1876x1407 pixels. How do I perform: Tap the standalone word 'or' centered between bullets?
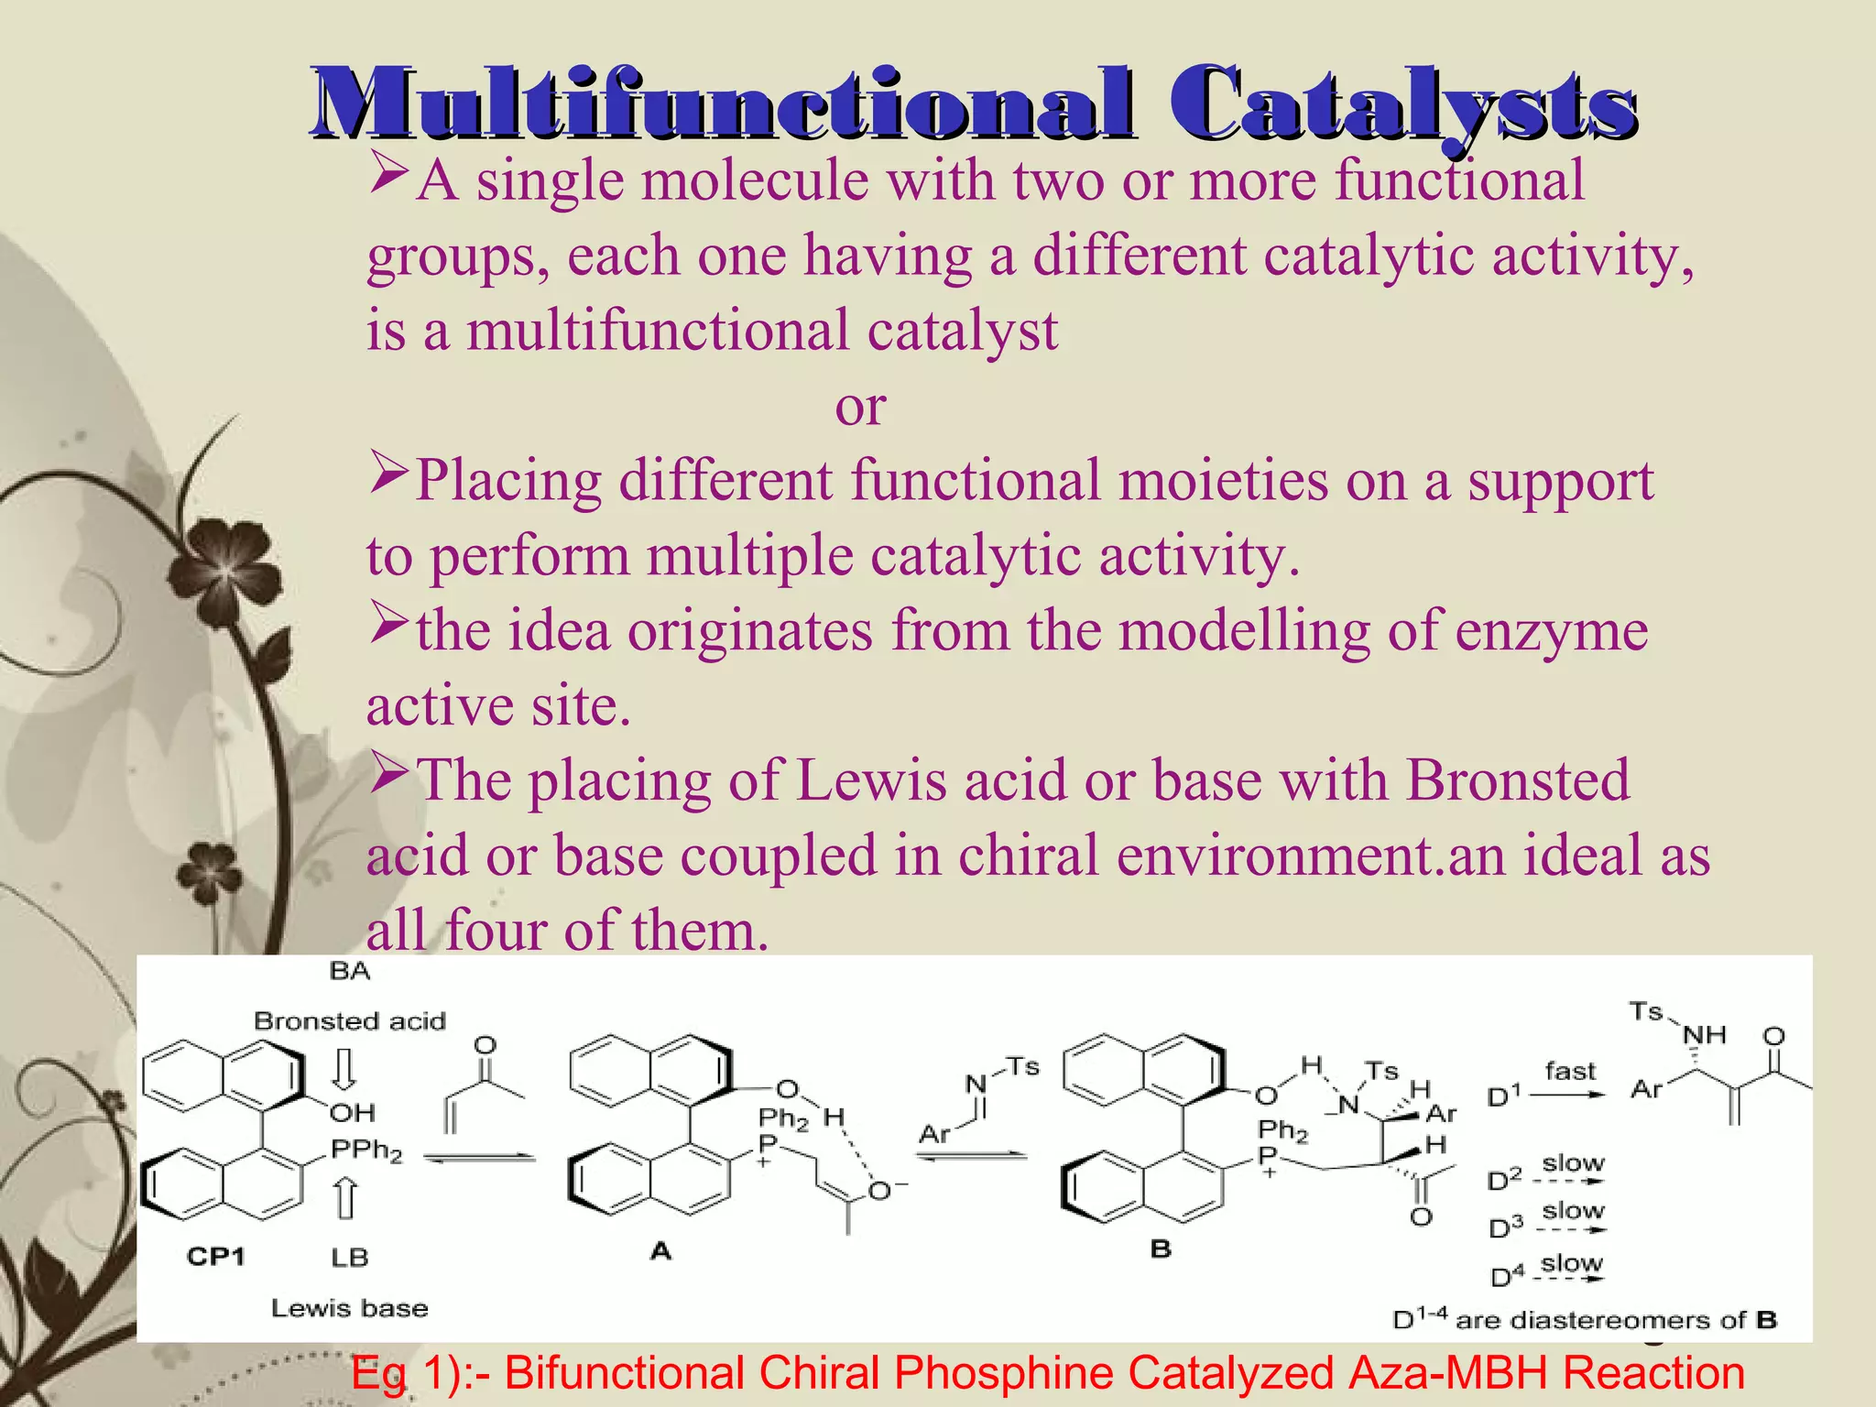(860, 407)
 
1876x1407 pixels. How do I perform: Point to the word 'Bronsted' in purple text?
(1518, 781)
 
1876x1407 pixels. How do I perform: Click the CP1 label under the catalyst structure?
(215, 1256)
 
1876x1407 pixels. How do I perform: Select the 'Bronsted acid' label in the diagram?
(349, 1020)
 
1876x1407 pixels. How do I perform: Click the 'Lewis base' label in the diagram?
(349, 1308)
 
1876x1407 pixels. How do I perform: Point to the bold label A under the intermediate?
(660, 1250)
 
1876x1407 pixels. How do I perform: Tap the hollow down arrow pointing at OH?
(344, 1069)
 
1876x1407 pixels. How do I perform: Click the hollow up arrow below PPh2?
(344, 1198)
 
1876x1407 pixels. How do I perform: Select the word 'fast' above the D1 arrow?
(1569, 1071)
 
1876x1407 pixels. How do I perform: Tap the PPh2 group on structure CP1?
(365, 1150)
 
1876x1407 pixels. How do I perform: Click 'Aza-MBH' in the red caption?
(1447, 1373)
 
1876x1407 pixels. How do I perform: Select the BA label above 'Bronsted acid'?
(349, 971)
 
